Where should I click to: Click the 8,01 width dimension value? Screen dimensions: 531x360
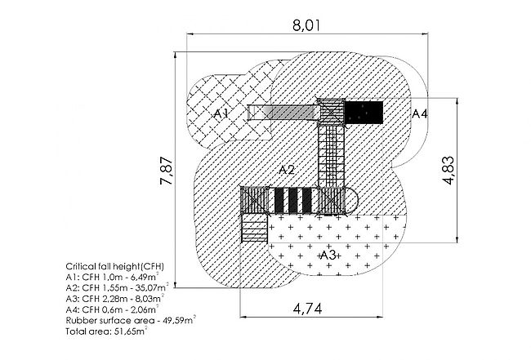coord(306,25)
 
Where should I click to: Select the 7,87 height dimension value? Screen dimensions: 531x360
coord(167,171)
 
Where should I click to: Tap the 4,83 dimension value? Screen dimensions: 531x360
coord(448,170)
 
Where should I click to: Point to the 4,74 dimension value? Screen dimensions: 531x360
coord(307,309)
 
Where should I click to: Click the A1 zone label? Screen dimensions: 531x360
coord(221,113)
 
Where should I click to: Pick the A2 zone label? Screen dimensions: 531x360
coord(287,170)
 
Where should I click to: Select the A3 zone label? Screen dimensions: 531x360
coord(328,255)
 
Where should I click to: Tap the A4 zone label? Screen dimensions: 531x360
coord(420,113)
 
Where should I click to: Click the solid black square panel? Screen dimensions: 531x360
coord(364,113)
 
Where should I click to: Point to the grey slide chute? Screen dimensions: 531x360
coord(283,113)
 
